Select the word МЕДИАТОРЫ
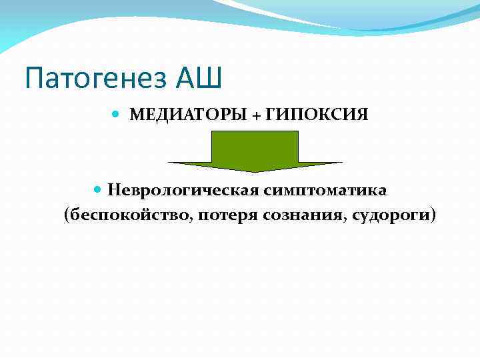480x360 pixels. [189, 115]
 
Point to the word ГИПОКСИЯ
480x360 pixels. [317, 115]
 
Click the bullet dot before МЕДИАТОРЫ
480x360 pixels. [118, 115]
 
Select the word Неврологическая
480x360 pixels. [183, 191]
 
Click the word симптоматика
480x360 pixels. [325, 191]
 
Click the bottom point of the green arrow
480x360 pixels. [255, 171]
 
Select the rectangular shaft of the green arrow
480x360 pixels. [255, 146]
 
